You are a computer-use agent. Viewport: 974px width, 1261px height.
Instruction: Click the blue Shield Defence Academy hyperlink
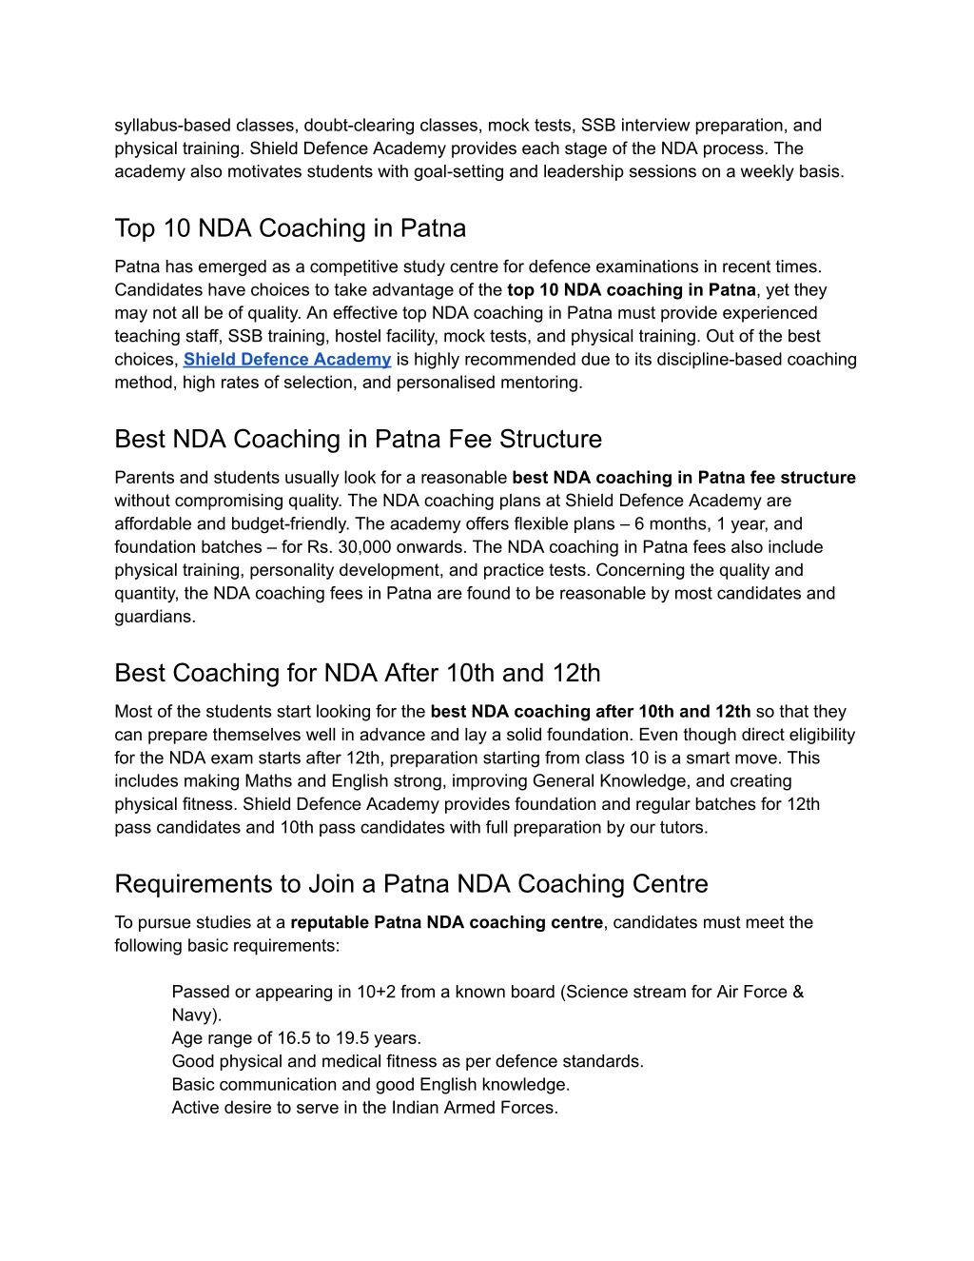click(286, 360)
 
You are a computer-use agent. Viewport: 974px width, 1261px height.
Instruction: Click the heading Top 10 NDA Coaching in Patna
click(290, 228)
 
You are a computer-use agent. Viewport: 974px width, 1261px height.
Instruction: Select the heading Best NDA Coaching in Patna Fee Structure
click(358, 439)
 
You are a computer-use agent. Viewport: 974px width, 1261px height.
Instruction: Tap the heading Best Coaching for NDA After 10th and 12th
click(357, 673)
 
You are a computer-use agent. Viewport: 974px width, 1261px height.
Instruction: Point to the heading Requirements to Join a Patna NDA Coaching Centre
click(411, 884)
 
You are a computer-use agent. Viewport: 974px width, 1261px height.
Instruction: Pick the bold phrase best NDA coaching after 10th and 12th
click(590, 712)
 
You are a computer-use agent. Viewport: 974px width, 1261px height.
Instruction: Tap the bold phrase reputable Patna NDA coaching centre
click(446, 922)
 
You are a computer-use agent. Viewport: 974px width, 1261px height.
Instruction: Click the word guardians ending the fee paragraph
click(153, 617)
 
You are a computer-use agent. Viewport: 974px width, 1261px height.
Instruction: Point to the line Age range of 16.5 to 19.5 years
click(296, 1038)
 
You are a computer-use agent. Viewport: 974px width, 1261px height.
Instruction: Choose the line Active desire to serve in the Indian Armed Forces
click(364, 1108)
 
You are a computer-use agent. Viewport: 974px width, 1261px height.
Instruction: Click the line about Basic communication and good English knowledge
click(370, 1085)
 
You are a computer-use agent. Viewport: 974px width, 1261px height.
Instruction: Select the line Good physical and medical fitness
click(407, 1061)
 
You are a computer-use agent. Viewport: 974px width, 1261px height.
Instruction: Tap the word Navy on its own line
click(194, 1015)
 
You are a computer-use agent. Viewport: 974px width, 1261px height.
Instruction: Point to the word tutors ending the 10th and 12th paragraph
click(680, 828)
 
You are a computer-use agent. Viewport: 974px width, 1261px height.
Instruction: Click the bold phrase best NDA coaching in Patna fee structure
click(683, 478)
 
